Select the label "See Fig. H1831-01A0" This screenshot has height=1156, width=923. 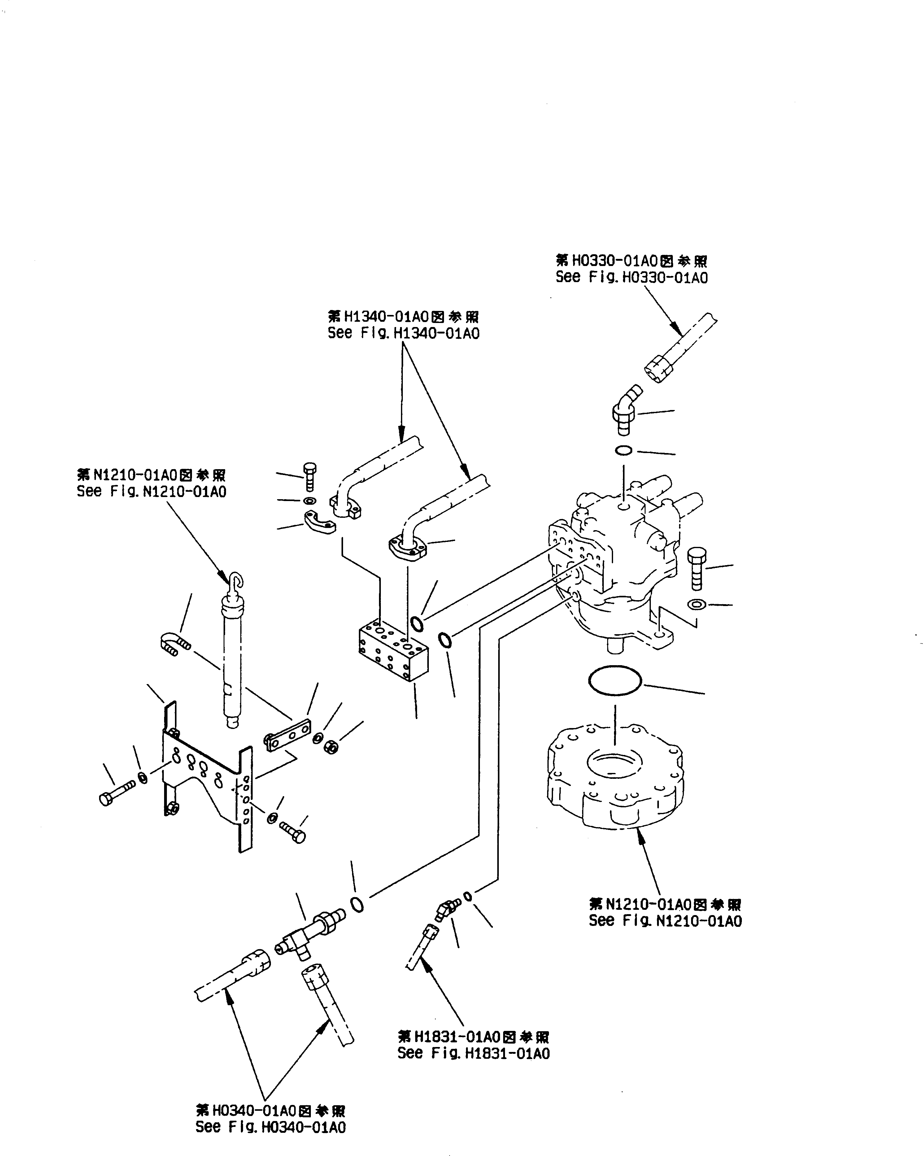(x=473, y=1053)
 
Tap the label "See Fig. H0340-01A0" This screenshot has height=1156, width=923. (x=271, y=1127)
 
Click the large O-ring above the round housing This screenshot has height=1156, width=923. (x=615, y=682)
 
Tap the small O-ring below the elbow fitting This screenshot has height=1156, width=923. (x=623, y=450)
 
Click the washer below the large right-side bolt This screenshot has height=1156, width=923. (x=697, y=604)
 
